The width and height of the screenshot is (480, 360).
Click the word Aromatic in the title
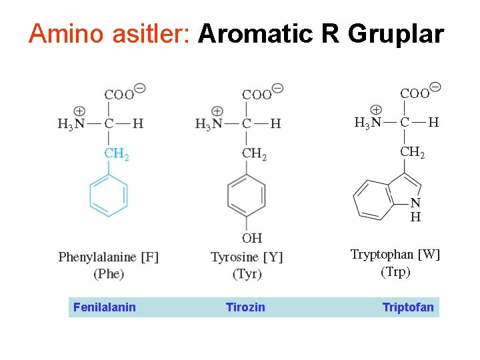click(x=255, y=33)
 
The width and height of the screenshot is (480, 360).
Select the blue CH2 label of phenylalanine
click(x=117, y=154)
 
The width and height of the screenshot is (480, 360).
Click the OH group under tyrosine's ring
click(x=252, y=238)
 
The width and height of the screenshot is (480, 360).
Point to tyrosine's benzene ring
click(x=246, y=196)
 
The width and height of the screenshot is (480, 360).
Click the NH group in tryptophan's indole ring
click(x=415, y=210)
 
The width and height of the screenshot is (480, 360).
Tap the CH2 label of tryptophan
click(x=413, y=152)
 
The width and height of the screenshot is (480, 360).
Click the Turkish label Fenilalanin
click(x=105, y=307)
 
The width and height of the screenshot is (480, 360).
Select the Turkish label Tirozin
click(x=245, y=307)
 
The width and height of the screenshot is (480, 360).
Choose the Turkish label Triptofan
click(x=408, y=307)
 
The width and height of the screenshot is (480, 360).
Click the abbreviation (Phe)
click(x=109, y=273)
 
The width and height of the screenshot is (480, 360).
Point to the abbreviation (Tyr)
click(x=247, y=274)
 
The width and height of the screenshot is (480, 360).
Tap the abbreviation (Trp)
click(x=395, y=271)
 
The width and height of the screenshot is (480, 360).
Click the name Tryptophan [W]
click(x=395, y=255)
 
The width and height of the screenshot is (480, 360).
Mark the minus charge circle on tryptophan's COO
click(x=435, y=86)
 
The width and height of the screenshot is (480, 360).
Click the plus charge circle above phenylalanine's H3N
click(x=79, y=111)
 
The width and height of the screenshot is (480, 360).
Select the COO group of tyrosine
click(x=257, y=95)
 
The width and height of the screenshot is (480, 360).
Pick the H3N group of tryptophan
click(x=368, y=122)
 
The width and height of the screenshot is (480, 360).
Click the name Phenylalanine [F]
click(x=109, y=257)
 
